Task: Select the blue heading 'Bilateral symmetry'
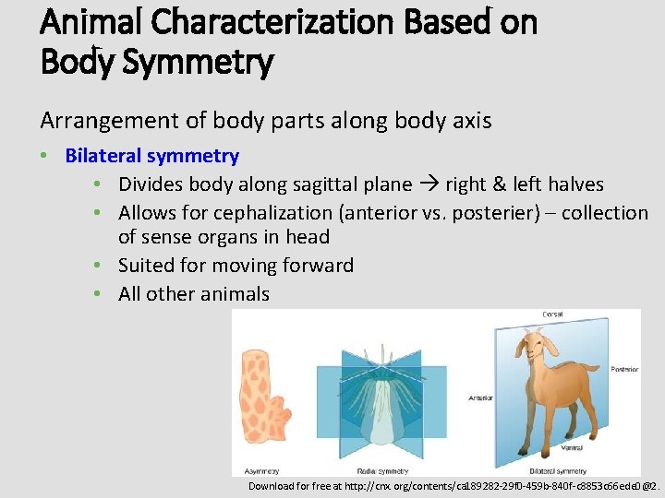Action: click(151, 156)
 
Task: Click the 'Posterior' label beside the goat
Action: click(624, 370)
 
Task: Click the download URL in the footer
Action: click(453, 485)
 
